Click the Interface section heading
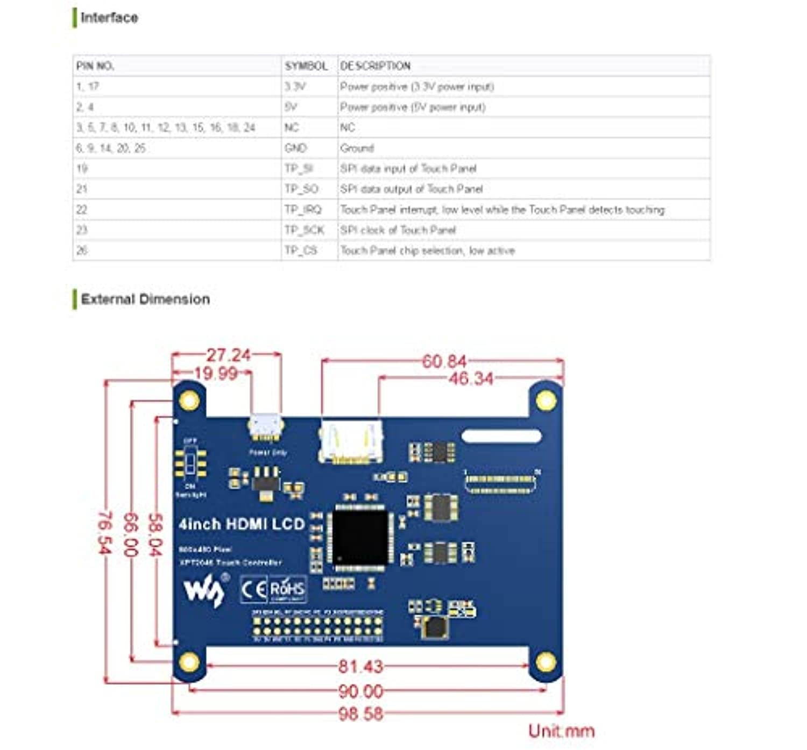click(109, 18)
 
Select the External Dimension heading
click(145, 299)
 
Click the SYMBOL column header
click(306, 66)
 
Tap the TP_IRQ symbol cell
click(303, 210)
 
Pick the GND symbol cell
click(295, 148)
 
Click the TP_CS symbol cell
click(301, 251)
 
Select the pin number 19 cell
click(82, 168)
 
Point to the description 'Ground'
click(357, 148)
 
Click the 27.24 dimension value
click(229, 355)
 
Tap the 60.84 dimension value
click(444, 361)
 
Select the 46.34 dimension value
click(471, 378)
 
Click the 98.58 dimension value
click(360, 714)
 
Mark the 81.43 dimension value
click(360, 667)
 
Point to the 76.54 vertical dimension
click(104, 532)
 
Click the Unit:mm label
click(561, 731)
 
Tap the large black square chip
click(360, 537)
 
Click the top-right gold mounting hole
click(546, 401)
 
